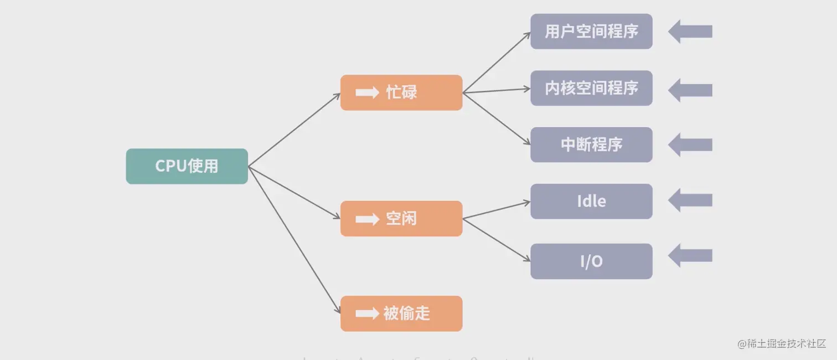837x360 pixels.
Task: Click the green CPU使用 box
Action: click(x=187, y=166)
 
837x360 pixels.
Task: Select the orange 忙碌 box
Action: click(x=401, y=92)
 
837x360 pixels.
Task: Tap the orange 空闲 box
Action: click(x=401, y=219)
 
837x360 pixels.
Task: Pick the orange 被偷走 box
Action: click(x=401, y=313)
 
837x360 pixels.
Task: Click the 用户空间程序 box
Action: click(x=591, y=32)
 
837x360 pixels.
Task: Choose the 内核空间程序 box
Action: click(x=591, y=88)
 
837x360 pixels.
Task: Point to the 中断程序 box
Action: click(x=591, y=145)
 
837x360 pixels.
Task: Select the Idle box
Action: click(x=591, y=201)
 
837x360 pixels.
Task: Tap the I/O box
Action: click(x=591, y=261)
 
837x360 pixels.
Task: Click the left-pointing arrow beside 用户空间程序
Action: click(x=690, y=32)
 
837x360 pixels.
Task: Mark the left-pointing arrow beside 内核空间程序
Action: click(x=690, y=90)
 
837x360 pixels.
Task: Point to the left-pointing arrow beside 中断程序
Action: click(x=690, y=145)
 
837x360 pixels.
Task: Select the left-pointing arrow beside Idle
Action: click(x=690, y=200)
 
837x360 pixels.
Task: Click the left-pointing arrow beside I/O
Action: click(x=690, y=255)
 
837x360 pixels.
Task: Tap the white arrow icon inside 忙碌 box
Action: click(x=367, y=92)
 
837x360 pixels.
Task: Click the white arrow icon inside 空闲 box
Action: click(x=367, y=219)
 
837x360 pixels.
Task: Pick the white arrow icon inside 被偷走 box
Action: click(x=367, y=314)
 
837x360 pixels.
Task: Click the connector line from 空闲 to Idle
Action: click(x=497, y=210)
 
